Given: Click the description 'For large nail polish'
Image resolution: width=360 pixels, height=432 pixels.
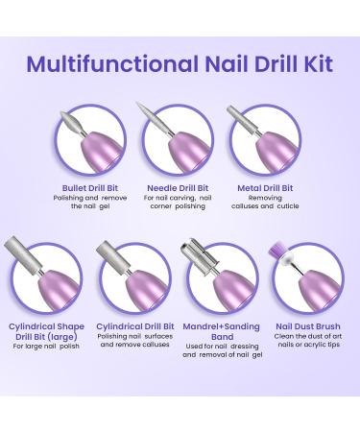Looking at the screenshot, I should [x=46, y=347].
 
